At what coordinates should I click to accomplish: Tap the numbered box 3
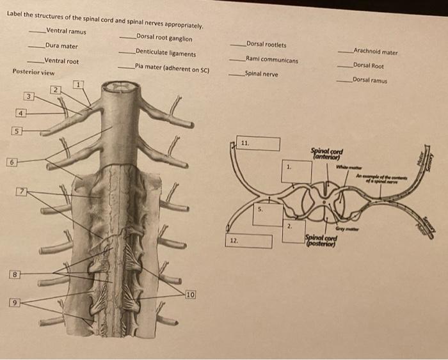click(28, 97)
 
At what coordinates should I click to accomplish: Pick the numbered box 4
click(20, 113)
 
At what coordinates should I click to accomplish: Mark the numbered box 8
click(14, 274)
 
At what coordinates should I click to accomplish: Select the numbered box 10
click(191, 294)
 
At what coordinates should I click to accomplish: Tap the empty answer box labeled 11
click(259, 144)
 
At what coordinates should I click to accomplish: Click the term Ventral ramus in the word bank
click(66, 31)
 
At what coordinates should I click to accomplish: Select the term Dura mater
click(61, 46)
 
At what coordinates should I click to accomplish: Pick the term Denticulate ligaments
click(166, 54)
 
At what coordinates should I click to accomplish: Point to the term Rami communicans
click(271, 59)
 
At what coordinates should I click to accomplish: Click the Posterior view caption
click(33, 72)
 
